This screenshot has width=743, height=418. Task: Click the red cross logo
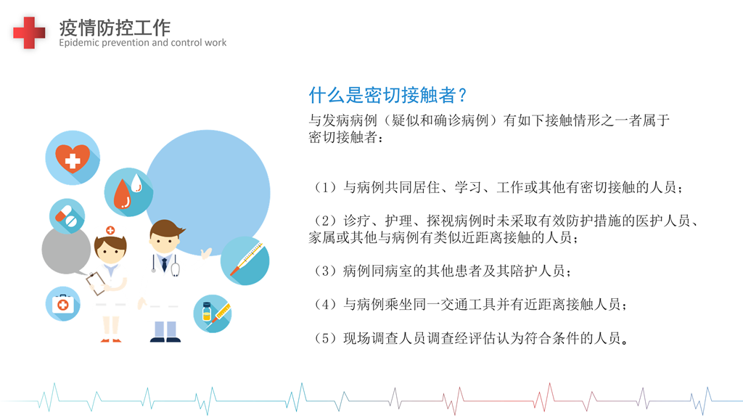point(29,32)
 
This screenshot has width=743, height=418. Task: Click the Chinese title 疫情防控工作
point(115,28)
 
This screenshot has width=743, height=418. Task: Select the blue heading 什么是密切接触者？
point(387,95)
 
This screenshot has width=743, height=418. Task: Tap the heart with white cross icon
point(73,157)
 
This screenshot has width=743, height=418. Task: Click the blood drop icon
point(128,192)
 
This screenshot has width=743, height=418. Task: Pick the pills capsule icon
point(67,216)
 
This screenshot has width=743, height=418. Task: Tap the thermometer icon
point(245,261)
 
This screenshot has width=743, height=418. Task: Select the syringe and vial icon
point(213,313)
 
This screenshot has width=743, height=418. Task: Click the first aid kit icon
point(62,304)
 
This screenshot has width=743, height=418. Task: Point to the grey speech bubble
point(66,250)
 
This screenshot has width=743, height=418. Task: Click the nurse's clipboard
point(97,282)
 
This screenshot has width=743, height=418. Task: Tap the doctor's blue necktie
point(165,263)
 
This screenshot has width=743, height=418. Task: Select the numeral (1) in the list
point(326,187)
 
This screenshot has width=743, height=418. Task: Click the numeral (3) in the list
point(326,271)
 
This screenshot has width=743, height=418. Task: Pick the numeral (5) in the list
point(326,338)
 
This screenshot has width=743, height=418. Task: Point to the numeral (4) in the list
point(326,304)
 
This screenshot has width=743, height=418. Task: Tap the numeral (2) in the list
point(326,221)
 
